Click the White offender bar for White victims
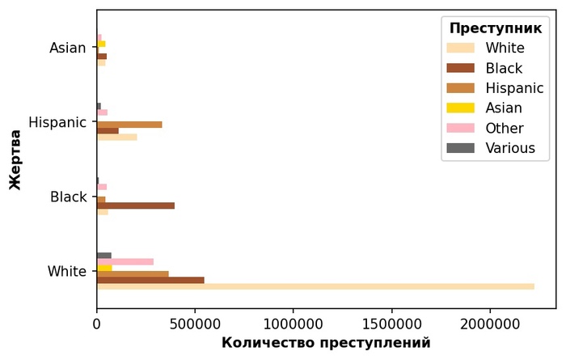click(x=315, y=286)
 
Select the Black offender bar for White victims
click(x=150, y=280)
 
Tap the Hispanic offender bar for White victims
click(x=133, y=274)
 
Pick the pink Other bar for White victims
click(x=125, y=261)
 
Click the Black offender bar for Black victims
click(x=136, y=205)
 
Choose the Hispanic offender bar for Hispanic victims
click(x=129, y=125)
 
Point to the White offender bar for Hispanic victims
click(x=116, y=137)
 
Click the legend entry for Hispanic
click(x=514, y=87)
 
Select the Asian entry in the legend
click(x=503, y=108)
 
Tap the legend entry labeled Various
click(x=509, y=147)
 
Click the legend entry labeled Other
click(x=505, y=128)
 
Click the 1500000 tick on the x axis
click(x=392, y=321)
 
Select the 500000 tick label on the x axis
click(x=195, y=321)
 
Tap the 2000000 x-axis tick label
click(x=490, y=321)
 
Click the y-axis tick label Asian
click(x=67, y=48)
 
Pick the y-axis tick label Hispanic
click(x=57, y=122)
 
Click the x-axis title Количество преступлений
click(x=326, y=342)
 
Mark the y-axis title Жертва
click(x=15, y=159)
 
